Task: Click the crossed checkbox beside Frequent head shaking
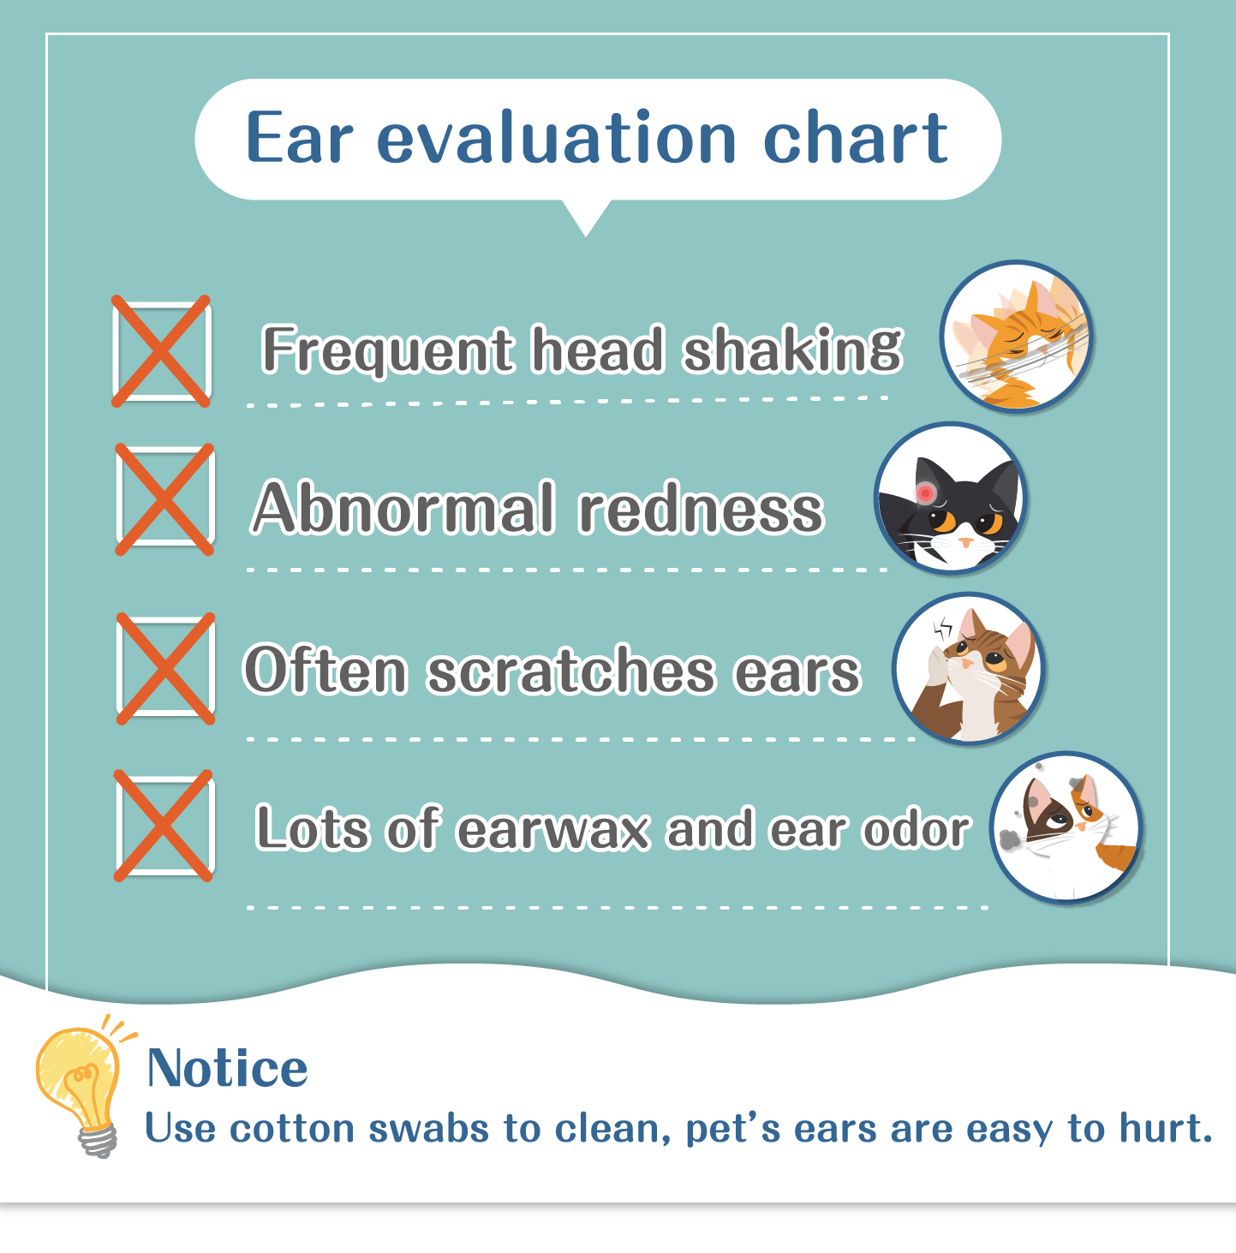coord(161,351)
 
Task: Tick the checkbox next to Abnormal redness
coord(164,499)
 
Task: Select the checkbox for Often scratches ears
coord(165,668)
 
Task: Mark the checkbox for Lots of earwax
coord(164,826)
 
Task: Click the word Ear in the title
coord(299,139)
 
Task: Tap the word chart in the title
coord(856,137)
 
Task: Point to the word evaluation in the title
coord(557,137)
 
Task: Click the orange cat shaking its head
coord(1016,337)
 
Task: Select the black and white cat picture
coord(951,498)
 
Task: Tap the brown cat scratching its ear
coord(969,668)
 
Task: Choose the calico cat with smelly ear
coord(1066,827)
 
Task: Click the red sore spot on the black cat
coord(925,492)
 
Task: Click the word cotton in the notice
coord(293,1129)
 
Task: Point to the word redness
coord(702,508)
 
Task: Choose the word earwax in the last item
coord(553,830)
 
